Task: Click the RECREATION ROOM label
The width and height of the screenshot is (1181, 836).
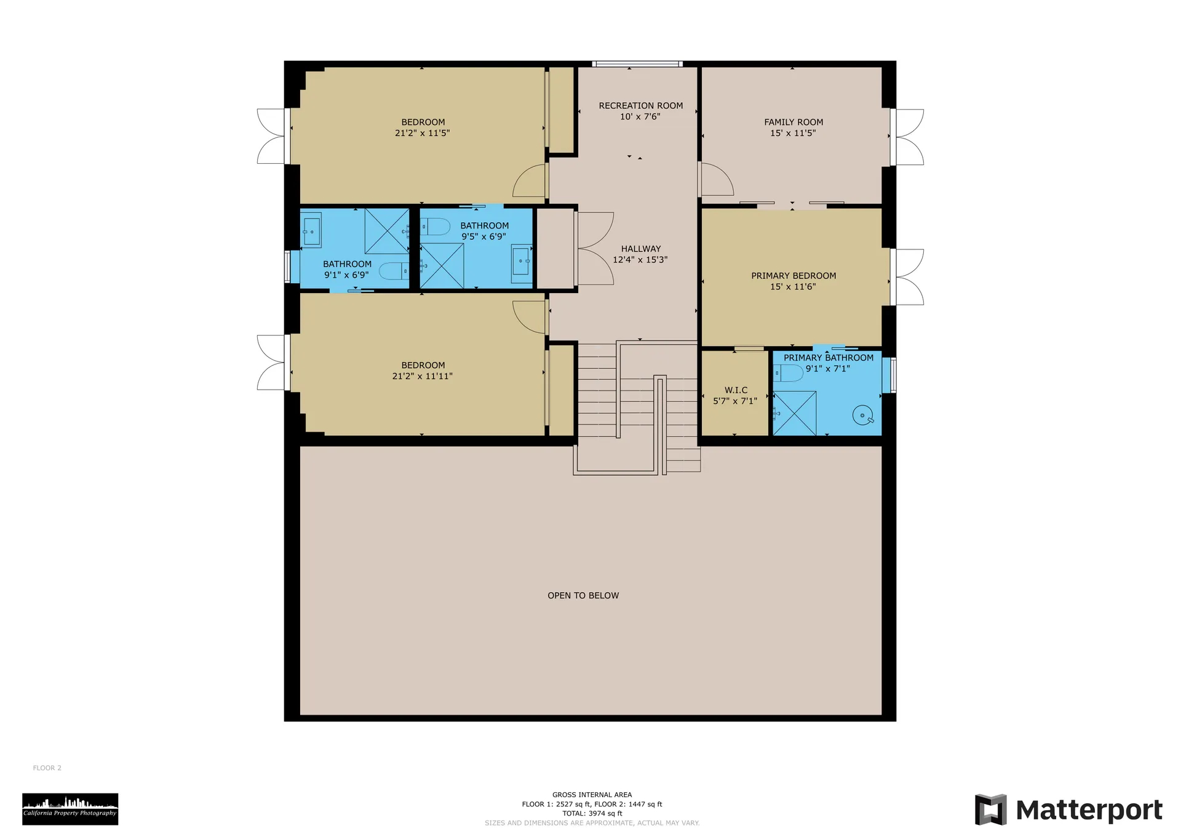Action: [640, 106]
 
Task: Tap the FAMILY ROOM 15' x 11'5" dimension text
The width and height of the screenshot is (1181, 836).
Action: [793, 133]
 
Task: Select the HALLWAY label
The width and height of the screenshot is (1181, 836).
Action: [640, 249]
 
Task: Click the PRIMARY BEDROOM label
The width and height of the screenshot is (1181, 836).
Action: [793, 276]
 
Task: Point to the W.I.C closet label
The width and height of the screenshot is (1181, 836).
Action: [736, 390]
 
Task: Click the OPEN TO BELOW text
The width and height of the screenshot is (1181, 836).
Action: [583, 595]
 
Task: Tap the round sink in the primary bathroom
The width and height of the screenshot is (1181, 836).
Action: [863, 416]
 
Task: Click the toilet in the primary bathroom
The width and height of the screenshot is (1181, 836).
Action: [789, 373]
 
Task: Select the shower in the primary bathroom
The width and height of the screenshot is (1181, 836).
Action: [795, 412]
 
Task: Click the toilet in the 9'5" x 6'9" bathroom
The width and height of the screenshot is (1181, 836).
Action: [435, 227]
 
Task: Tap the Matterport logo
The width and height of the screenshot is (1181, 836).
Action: [1068, 810]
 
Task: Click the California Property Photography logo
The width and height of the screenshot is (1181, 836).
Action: [70, 808]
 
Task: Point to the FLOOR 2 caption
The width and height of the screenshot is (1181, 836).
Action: [47, 768]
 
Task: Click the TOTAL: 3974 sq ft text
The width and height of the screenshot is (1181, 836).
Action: [592, 813]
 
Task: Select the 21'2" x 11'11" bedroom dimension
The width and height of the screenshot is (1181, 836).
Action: [422, 376]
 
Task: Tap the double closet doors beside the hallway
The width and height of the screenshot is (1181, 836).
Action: [594, 249]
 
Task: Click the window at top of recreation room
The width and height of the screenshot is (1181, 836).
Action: [637, 63]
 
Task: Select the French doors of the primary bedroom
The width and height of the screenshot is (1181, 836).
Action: [907, 277]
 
